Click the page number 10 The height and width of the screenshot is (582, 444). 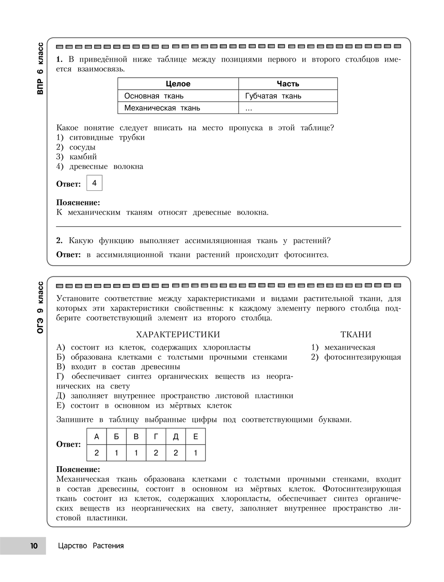click(34, 546)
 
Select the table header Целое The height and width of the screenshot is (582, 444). click(178, 84)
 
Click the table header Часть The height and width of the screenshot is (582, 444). click(288, 84)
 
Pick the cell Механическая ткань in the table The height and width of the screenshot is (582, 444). click(162, 108)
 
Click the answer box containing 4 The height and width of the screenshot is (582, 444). click(94, 183)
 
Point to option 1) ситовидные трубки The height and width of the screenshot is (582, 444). click(100, 137)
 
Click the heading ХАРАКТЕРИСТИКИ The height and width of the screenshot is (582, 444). click(178, 334)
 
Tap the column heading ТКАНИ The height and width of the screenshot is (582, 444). click(356, 334)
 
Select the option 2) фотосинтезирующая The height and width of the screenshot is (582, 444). click(356, 357)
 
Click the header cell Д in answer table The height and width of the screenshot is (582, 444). click(176, 436)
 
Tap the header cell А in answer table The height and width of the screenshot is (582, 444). click(97, 436)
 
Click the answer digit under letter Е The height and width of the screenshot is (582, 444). click(196, 453)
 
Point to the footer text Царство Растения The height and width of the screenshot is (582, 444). click(91, 546)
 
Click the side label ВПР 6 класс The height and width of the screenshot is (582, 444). click(40, 69)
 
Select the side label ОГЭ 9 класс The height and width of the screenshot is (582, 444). click(40, 307)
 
